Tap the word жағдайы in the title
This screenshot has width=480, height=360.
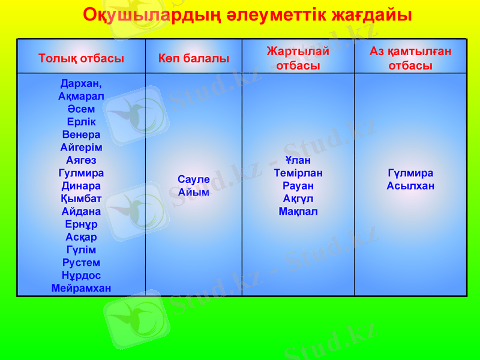[371, 15]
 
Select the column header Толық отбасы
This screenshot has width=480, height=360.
[81, 59]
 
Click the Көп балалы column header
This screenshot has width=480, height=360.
[193, 59]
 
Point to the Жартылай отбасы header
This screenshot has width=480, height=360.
[298, 59]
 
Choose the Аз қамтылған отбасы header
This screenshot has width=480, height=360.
[410, 59]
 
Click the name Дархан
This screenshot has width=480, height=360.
[81, 83]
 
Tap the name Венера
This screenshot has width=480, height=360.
[81, 134]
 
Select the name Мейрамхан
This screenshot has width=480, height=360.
[81, 288]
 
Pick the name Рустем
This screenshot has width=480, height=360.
[81, 263]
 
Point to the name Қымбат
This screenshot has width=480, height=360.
[81, 199]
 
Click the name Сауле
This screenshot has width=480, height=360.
[193, 179]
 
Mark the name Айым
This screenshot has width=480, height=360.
[193, 192]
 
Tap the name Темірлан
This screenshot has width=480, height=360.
[298, 173]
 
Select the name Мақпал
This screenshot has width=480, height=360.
[298, 211]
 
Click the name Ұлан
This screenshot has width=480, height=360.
[298, 160]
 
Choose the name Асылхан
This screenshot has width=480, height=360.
[410, 186]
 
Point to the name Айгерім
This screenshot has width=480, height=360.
[81, 148]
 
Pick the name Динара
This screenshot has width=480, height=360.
[81, 186]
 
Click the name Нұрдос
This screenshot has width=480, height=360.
[81, 275]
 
